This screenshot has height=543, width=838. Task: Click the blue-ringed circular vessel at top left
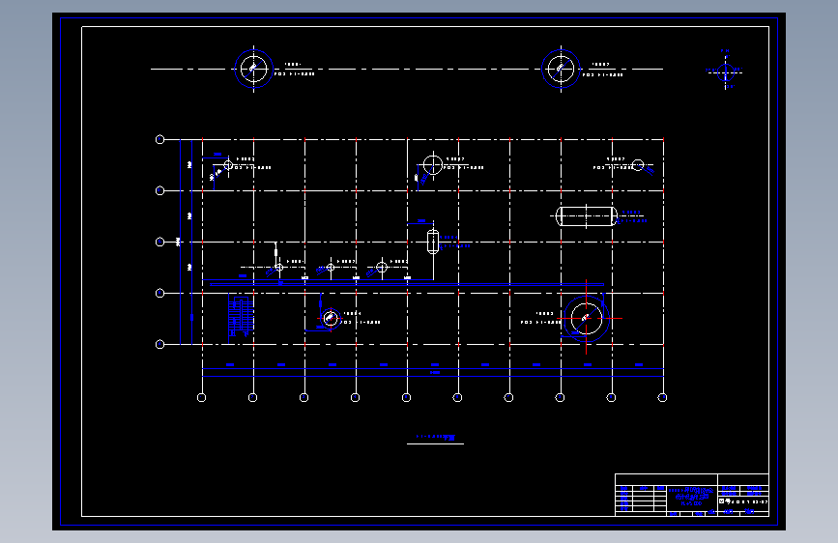click(x=253, y=69)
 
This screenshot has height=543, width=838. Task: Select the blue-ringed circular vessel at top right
click(x=561, y=69)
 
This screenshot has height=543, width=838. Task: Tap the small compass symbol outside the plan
click(x=726, y=70)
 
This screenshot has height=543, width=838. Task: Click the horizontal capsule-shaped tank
click(x=587, y=215)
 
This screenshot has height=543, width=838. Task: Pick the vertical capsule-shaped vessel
click(x=432, y=240)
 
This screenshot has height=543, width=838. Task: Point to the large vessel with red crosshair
click(x=586, y=318)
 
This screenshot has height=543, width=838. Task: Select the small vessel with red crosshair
click(x=330, y=317)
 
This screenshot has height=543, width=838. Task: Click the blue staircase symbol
click(x=240, y=316)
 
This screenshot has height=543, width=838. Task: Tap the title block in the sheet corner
click(x=691, y=495)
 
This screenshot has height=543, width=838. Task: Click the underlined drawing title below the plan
click(x=435, y=438)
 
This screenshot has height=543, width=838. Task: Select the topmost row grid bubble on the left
click(x=160, y=140)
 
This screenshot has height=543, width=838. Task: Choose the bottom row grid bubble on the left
click(x=160, y=344)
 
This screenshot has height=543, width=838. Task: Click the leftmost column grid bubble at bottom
click(x=201, y=397)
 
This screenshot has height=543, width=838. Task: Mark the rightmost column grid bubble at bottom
click(x=662, y=397)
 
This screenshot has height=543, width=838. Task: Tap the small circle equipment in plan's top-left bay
click(x=228, y=165)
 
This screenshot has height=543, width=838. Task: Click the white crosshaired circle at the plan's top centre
click(x=432, y=164)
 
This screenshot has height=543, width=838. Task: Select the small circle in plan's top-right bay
click(x=638, y=165)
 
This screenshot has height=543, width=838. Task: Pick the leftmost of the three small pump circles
click(x=278, y=267)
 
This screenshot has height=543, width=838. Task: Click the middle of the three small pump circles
click(x=331, y=267)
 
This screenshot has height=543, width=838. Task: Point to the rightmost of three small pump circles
click(x=382, y=267)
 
